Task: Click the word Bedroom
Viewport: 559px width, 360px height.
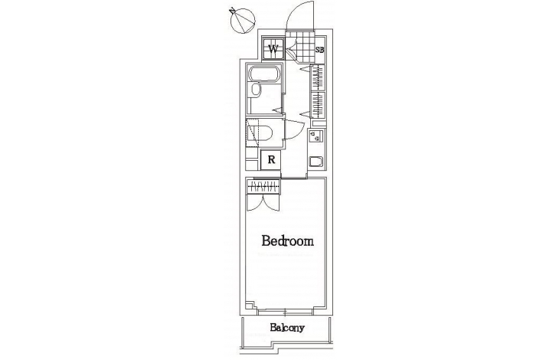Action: (x=287, y=241)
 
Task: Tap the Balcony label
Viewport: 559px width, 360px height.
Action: (x=287, y=328)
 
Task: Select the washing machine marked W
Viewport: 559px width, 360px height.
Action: (x=273, y=49)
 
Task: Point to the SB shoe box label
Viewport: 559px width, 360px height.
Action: (x=320, y=50)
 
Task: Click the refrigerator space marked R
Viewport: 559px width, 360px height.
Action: (x=271, y=160)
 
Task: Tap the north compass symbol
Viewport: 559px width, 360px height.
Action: (x=243, y=20)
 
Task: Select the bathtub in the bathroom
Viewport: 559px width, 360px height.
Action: (x=265, y=74)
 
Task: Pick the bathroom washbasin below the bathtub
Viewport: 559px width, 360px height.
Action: (x=255, y=90)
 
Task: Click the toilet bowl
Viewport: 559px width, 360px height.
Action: (x=263, y=133)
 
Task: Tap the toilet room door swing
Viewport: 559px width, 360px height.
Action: (x=295, y=130)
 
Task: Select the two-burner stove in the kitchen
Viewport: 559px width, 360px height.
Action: (x=315, y=136)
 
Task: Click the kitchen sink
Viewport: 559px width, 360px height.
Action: (x=316, y=162)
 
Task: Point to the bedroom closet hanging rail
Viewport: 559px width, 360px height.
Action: (x=263, y=185)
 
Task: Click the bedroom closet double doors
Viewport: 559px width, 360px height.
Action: (x=263, y=202)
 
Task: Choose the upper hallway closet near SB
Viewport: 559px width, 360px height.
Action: (x=318, y=77)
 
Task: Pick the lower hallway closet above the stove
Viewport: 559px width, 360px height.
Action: (x=318, y=105)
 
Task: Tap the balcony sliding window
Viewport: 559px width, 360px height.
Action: (x=285, y=313)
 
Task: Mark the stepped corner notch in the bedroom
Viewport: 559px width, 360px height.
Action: (x=250, y=306)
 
